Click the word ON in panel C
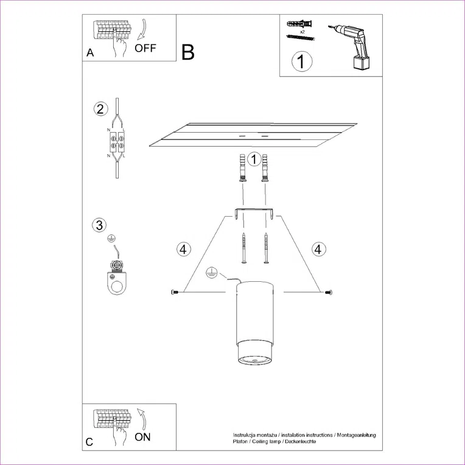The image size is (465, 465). (142, 436)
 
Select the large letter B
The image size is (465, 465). (188, 52)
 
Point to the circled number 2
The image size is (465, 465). (100, 109)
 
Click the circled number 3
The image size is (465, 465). (99, 225)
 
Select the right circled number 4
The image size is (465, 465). (318, 248)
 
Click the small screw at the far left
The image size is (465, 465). (175, 293)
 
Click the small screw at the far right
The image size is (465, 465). (329, 293)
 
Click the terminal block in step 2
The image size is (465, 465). (116, 142)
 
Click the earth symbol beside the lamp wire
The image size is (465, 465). (211, 271)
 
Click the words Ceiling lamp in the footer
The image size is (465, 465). (270, 442)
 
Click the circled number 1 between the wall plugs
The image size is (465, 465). (254, 159)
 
